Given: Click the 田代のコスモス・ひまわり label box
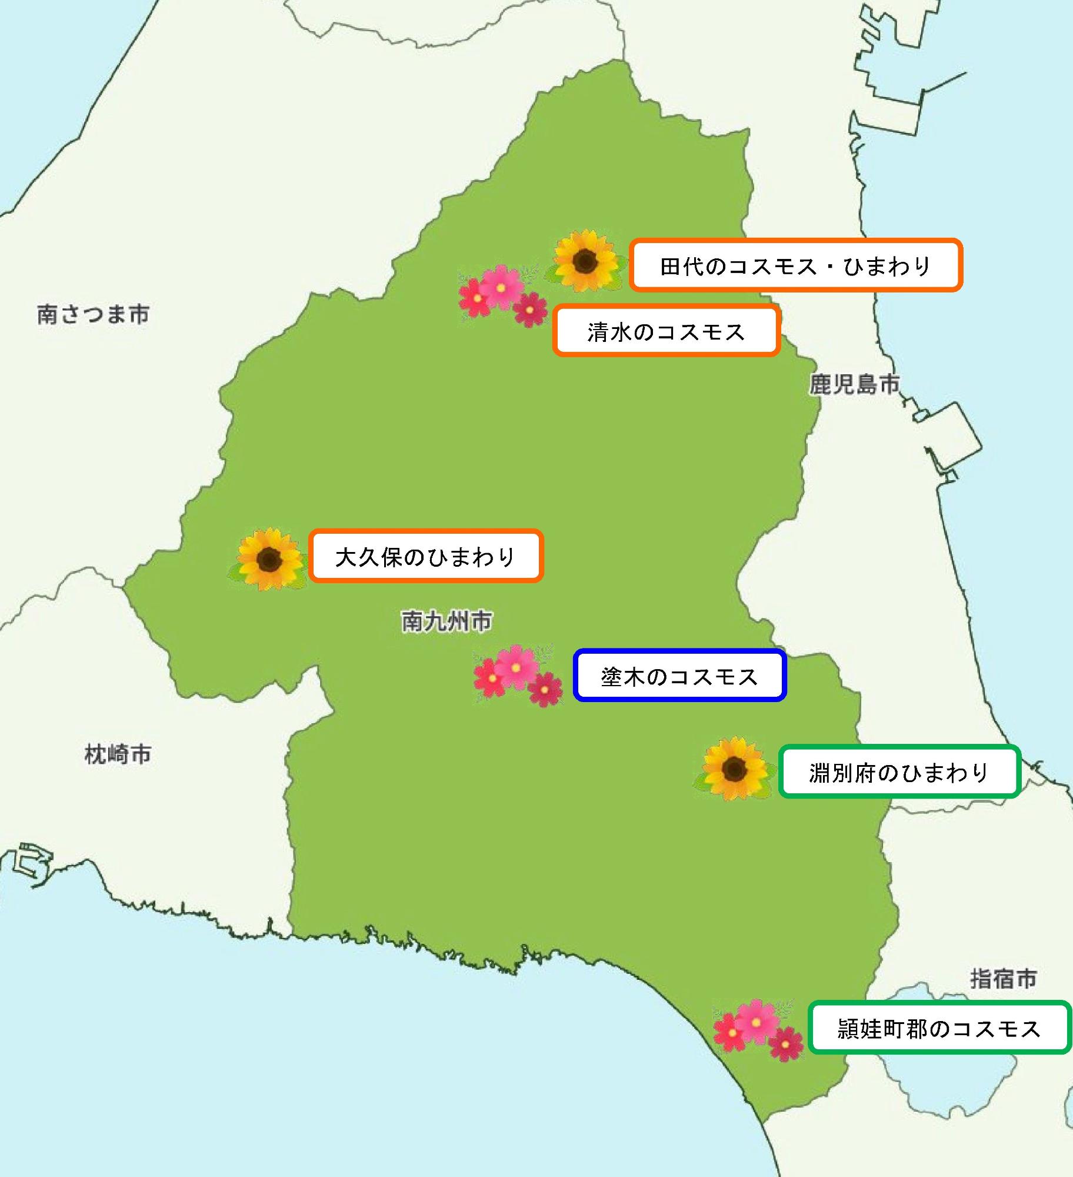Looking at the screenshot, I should pos(795,265).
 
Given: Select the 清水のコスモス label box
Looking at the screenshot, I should pos(666,331).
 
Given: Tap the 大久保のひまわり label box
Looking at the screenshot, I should pos(425,556).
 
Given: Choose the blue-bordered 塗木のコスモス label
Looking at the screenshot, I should pos(679,676).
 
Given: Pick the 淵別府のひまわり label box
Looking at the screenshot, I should pos(899,772).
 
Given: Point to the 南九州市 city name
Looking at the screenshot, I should pos(446,621).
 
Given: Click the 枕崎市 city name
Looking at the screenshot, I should pos(118,754).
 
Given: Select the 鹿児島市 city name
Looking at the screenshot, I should pos(854,384).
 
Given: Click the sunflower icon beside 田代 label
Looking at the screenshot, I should pos(585,261).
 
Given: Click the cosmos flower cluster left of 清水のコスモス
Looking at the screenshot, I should pos(502,294).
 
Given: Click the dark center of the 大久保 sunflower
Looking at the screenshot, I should pos(270,557).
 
